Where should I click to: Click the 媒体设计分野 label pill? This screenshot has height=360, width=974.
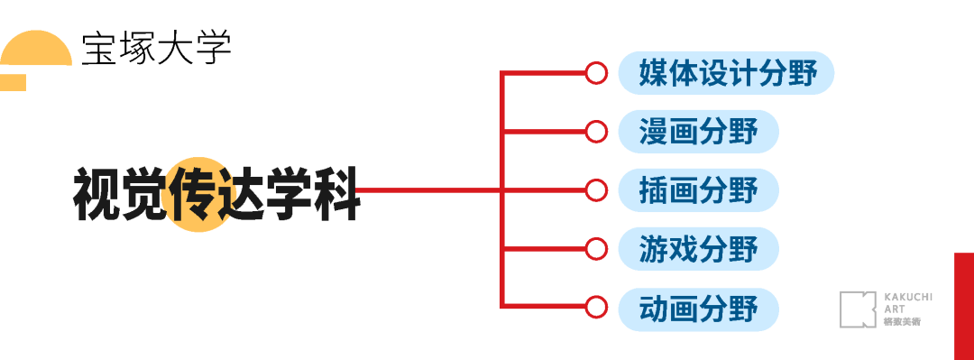726,73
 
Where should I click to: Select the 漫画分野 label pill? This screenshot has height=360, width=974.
698,132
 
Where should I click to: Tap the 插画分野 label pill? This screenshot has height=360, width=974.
698,190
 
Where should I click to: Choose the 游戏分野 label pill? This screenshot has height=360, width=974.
698,248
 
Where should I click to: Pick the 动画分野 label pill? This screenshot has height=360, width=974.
698,309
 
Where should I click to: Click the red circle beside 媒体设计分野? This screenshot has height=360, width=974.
595,73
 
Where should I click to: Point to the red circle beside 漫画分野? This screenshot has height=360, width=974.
595,132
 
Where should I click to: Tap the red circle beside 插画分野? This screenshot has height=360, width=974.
595,190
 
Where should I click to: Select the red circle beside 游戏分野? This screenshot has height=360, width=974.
595,248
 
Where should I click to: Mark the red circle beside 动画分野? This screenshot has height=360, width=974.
595,307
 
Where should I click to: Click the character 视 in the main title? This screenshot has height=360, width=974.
96,193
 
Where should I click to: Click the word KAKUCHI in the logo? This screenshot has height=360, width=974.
907,296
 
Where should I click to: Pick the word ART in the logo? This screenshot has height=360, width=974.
894,309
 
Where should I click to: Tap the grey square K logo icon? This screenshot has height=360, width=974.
858,309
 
